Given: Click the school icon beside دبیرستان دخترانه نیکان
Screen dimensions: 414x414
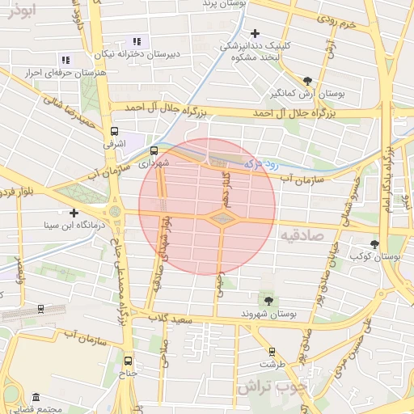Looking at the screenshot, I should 137,41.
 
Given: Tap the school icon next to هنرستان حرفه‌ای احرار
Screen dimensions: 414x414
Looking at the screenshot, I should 65,60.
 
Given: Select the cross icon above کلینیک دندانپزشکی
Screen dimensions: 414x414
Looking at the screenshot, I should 256,33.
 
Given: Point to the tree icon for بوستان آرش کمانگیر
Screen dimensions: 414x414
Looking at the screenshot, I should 307,80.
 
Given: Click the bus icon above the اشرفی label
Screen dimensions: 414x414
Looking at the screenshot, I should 114,129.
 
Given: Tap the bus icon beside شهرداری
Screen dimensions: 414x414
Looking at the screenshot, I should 154,150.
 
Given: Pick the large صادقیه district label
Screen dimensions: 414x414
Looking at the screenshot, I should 302,235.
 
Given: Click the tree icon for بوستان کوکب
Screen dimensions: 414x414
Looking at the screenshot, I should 374,243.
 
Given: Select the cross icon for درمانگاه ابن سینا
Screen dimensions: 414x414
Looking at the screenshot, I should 74,213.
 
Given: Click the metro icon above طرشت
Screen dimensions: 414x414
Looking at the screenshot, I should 271,352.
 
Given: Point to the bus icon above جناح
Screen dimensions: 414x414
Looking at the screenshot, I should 128,361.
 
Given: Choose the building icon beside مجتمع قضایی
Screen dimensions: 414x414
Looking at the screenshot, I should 36,398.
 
